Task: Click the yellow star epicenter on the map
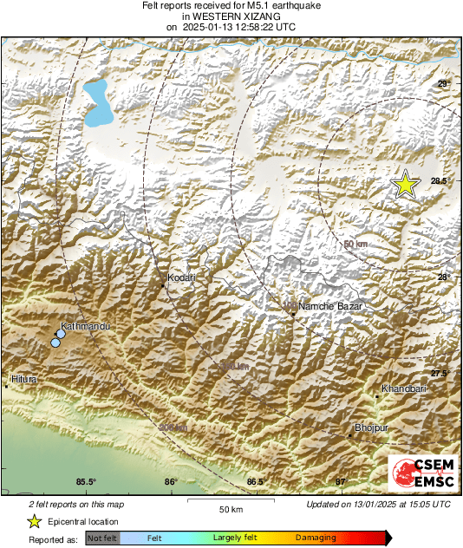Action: (404, 185)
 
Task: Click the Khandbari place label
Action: (404, 389)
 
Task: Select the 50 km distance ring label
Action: (355, 245)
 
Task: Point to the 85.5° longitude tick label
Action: (86, 482)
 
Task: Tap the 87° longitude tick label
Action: (341, 482)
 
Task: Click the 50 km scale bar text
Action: (229, 508)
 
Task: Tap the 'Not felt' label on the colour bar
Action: (102, 538)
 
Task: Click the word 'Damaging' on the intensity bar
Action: (316, 538)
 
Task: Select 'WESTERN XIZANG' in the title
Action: (231, 16)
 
